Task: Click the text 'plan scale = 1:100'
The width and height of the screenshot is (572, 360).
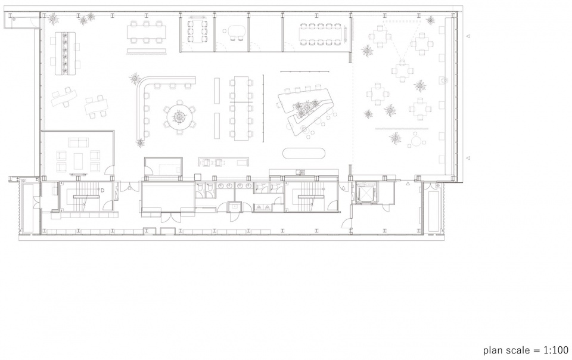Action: (526, 350)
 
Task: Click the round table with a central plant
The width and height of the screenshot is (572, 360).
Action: (179, 117)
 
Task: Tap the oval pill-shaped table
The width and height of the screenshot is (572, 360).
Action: (304, 153)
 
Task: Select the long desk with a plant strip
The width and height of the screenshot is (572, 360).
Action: (66, 53)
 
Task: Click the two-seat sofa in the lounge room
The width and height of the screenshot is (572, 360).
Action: (79, 142)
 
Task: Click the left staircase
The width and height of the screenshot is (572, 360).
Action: (86, 197)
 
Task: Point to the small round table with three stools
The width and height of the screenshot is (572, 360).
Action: (415, 140)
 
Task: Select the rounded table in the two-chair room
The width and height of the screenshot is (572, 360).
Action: (237, 32)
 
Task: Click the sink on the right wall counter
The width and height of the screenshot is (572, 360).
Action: (444, 80)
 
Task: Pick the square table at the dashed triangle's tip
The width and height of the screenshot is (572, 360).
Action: (402, 70)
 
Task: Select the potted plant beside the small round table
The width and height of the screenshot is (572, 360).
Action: (395, 138)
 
